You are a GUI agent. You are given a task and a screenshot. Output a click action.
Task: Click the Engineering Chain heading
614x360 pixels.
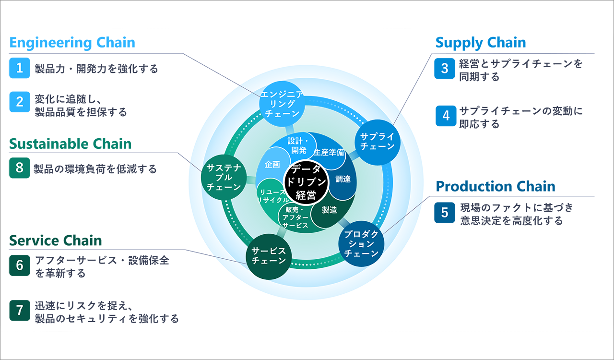pos(72,43)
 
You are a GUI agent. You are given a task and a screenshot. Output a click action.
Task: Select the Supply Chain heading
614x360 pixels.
pos(481,43)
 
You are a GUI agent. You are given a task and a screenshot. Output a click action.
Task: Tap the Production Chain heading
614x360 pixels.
pos(496,186)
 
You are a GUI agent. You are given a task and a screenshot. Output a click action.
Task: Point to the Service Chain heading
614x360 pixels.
pos(56,240)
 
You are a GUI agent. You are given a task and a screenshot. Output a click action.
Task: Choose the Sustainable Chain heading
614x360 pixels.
pos(70,144)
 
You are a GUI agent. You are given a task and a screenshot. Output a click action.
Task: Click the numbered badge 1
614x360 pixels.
pos(20,68)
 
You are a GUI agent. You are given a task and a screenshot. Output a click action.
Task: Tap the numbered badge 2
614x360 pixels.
pos(20,102)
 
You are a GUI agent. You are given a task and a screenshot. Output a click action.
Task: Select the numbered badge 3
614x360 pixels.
pos(445,68)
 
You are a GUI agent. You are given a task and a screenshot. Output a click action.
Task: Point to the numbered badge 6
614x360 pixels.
pos(20,265)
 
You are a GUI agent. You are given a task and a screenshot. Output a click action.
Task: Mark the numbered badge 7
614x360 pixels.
pos(20,311)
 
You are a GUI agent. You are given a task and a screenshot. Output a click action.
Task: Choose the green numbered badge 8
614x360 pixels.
pos(20,168)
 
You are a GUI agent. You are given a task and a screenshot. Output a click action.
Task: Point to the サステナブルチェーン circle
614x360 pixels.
pos(224,177)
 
